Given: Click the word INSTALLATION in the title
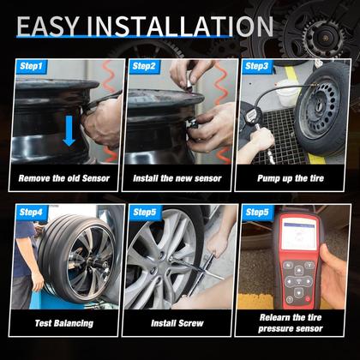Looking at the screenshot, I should tap(184, 25).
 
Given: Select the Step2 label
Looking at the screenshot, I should tap(143, 65).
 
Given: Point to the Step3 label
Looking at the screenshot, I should tap(256, 65).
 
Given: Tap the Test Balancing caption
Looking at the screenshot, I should tap(64, 323).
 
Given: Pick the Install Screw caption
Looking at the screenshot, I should tap(178, 323).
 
